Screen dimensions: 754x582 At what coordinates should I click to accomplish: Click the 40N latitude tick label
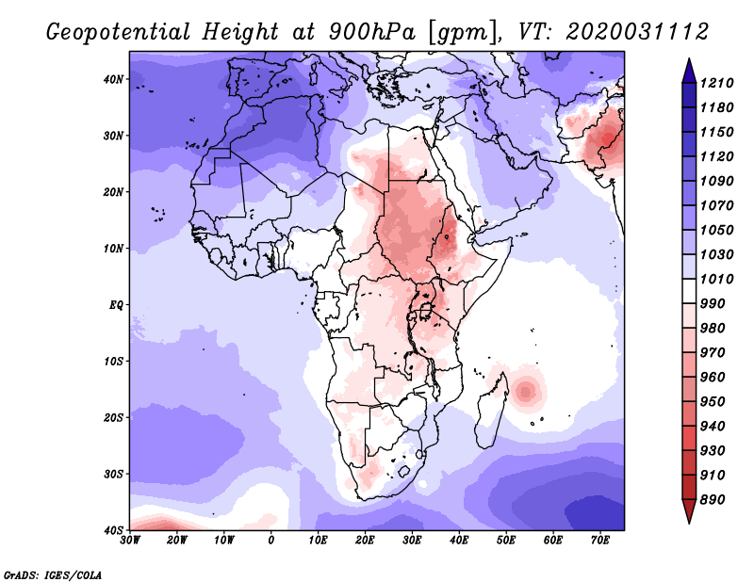click(x=113, y=79)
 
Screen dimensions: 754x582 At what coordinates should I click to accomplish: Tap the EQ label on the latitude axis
click(x=116, y=305)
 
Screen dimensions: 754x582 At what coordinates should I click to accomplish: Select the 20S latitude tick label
click(x=113, y=417)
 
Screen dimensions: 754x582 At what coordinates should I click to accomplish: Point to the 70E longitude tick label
click(x=599, y=541)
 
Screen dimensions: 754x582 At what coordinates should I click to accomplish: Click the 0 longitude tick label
click(x=271, y=541)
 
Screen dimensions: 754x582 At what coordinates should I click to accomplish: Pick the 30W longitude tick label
click(x=130, y=541)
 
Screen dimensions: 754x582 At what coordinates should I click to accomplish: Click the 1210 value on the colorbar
click(x=716, y=83)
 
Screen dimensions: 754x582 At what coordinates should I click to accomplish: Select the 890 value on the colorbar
click(x=713, y=500)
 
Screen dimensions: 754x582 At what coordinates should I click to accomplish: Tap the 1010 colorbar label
click(x=716, y=279)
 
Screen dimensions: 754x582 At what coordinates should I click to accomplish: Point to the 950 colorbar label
click(x=713, y=402)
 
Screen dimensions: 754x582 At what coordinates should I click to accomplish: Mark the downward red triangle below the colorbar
click(x=689, y=511)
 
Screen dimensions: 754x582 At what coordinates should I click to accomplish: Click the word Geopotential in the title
click(x=119, y=32)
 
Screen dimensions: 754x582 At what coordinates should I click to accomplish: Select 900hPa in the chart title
click(x=371, y=32)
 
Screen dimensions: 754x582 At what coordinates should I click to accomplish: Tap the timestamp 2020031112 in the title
click(x=637, y=32)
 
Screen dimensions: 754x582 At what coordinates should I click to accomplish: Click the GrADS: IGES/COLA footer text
click(x=53, y=574)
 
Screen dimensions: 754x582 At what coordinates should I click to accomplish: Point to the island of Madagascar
click(x=491, y=413)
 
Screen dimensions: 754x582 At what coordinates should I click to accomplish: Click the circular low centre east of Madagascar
click(x=526, y=392)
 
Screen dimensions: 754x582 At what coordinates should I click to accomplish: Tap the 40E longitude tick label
click(x=459, y=541)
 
